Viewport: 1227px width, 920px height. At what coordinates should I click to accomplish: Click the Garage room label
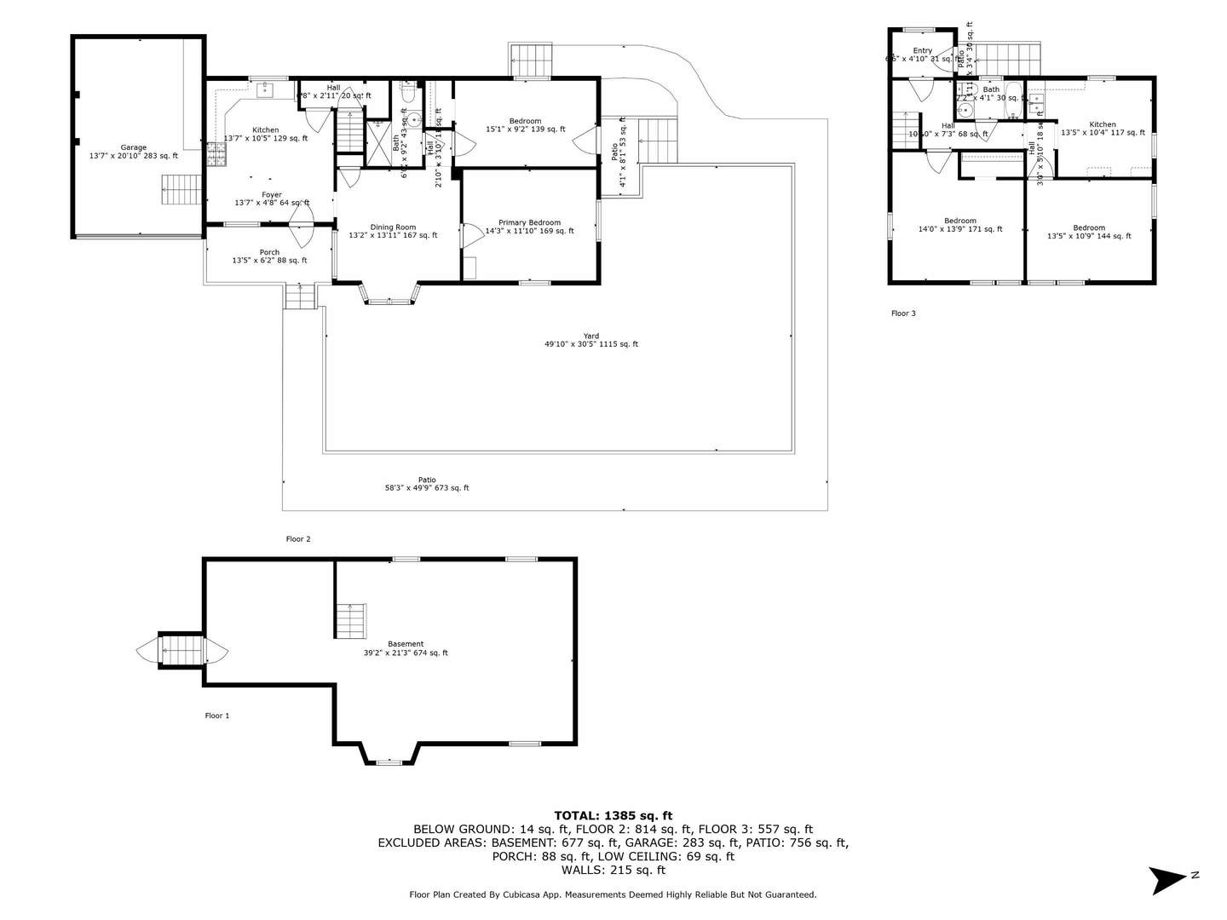click(133, 152)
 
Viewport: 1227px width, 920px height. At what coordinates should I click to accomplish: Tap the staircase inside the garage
click(181, 190)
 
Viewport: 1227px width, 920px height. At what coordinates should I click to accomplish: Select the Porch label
click(269, 256)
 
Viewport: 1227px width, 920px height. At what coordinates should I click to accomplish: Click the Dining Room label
click(393, 231)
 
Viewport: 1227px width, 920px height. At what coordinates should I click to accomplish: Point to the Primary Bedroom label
click(529, 227)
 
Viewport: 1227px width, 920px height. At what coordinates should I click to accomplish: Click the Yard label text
click(590, 340)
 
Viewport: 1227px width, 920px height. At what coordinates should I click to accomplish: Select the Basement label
click(406, 648)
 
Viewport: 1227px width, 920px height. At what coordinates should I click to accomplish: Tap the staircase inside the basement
click(349, 619)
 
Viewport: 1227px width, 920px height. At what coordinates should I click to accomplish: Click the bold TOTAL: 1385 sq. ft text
click(613, 815)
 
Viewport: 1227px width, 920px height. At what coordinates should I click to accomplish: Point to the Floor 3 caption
click(903, 313)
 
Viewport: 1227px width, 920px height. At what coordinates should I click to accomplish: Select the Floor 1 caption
click(217, 716)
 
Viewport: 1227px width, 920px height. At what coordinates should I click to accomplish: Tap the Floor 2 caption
click(298, 538)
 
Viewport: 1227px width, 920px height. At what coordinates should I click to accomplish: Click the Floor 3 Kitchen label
click(1102, 129)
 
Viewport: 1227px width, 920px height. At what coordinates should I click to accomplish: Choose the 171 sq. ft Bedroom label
click(959, 225)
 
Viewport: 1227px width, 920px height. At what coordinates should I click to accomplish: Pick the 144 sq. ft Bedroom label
click(1089, 232)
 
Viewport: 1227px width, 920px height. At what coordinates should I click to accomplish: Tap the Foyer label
click(271, 198)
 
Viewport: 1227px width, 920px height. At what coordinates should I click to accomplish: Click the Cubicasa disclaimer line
click(613, 894)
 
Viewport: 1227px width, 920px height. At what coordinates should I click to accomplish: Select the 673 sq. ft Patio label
click(427, 484)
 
